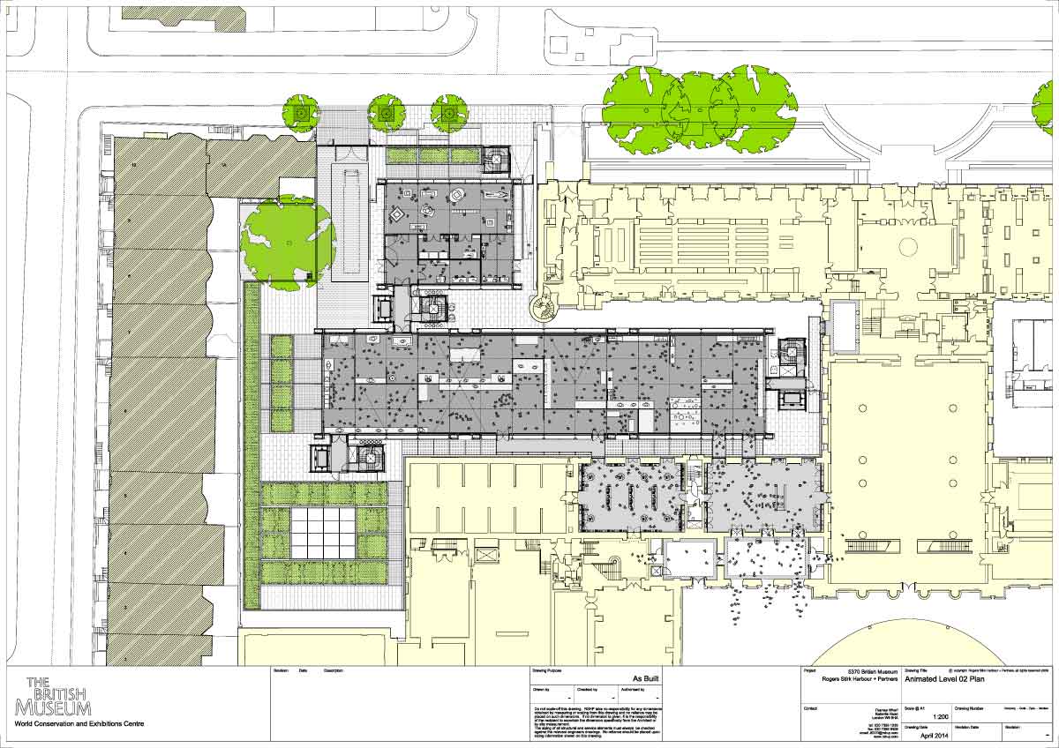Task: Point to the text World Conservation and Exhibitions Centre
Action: pyautogui.click(x=80, y=724)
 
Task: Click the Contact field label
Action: pyautogui.click(x=812, y=708)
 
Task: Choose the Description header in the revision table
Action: pyautogui.click(x=334, y=670)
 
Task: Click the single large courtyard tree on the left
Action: pyautogui.click(x=288, y=242)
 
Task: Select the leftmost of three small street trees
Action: pyautogui.click(x=301, y=114)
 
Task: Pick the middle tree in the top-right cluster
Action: pyautogui.click(x=696, y=108)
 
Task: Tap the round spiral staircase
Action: pyautogui.click(x=540, y=309)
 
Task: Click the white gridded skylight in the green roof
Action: pyautogui.click(x=324, y=533)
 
